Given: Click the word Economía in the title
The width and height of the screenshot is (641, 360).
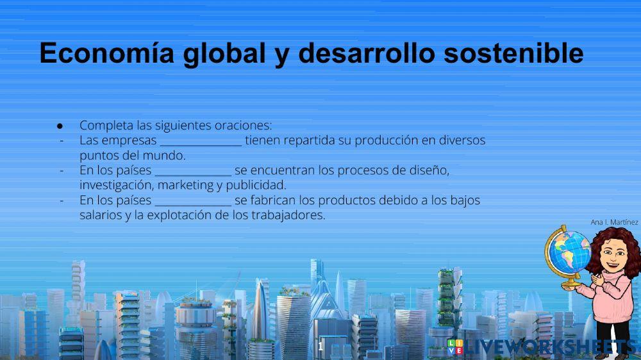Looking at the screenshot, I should point(106,54).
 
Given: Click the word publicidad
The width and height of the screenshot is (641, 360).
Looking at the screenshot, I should point(256,185).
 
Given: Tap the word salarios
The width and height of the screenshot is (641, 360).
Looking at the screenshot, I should point(101,215).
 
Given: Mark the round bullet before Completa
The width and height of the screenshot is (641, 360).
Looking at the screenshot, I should point(60,126).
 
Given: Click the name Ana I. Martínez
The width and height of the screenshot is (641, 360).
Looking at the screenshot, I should point(614,222).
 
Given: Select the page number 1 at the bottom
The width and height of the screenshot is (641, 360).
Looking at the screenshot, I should point(320,347).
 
